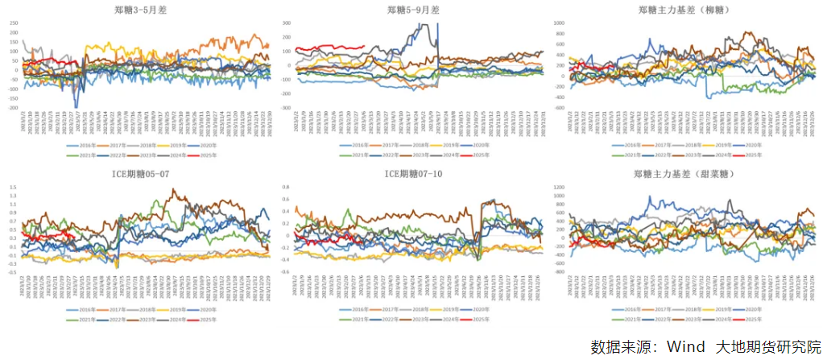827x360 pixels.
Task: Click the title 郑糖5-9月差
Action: pos(412,10)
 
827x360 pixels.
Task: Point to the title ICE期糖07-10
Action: pos(412,173)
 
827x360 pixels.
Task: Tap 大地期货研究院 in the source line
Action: pos(768,346)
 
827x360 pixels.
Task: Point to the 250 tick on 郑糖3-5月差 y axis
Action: pos(12,23)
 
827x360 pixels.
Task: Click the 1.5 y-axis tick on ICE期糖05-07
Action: pos(13,188)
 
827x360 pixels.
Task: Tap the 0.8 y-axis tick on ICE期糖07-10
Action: pos(285,188)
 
